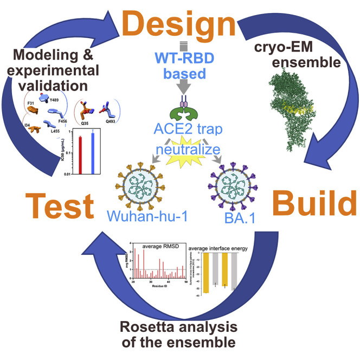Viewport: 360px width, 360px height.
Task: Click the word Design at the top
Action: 179,24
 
